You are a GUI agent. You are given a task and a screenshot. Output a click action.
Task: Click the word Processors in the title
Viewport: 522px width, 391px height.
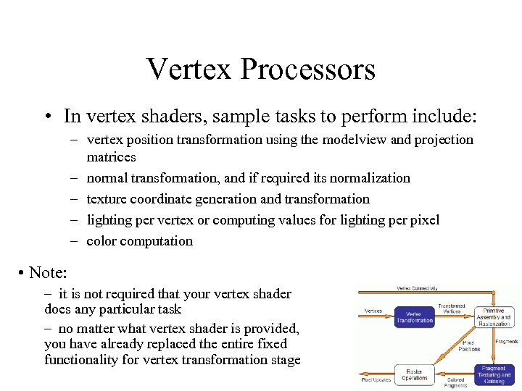click(308, 70)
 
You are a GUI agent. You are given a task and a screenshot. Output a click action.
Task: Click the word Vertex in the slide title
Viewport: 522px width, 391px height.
click(189, 70)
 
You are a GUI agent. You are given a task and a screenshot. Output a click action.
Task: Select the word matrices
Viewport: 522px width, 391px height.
click(111, 156)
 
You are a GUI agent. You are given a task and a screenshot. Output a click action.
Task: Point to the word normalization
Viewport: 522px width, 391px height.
click(371, 177)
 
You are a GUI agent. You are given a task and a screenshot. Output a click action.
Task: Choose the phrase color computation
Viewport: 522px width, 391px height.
click(139, 240)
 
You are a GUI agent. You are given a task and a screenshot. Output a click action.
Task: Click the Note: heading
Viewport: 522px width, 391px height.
click(48, 273)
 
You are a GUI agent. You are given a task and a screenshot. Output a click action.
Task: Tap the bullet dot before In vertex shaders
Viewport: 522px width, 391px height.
click(46, 117)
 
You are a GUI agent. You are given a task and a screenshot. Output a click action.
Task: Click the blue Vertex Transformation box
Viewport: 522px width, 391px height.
click(415, 316)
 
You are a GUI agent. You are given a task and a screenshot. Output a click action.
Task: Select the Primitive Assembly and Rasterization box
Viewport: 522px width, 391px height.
click(495, 317)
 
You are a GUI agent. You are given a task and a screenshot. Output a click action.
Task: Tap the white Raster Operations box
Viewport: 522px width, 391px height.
click(415, 374)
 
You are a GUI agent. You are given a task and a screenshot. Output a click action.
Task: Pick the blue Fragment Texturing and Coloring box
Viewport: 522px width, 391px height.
click(495, 374)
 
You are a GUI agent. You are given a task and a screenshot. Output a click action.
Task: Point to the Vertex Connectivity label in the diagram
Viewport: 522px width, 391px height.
click(417, 287)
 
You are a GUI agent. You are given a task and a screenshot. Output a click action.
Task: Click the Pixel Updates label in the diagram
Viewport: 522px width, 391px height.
click(376, 379)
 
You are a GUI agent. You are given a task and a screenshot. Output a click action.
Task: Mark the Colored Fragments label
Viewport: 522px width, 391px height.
click(455, 382)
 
